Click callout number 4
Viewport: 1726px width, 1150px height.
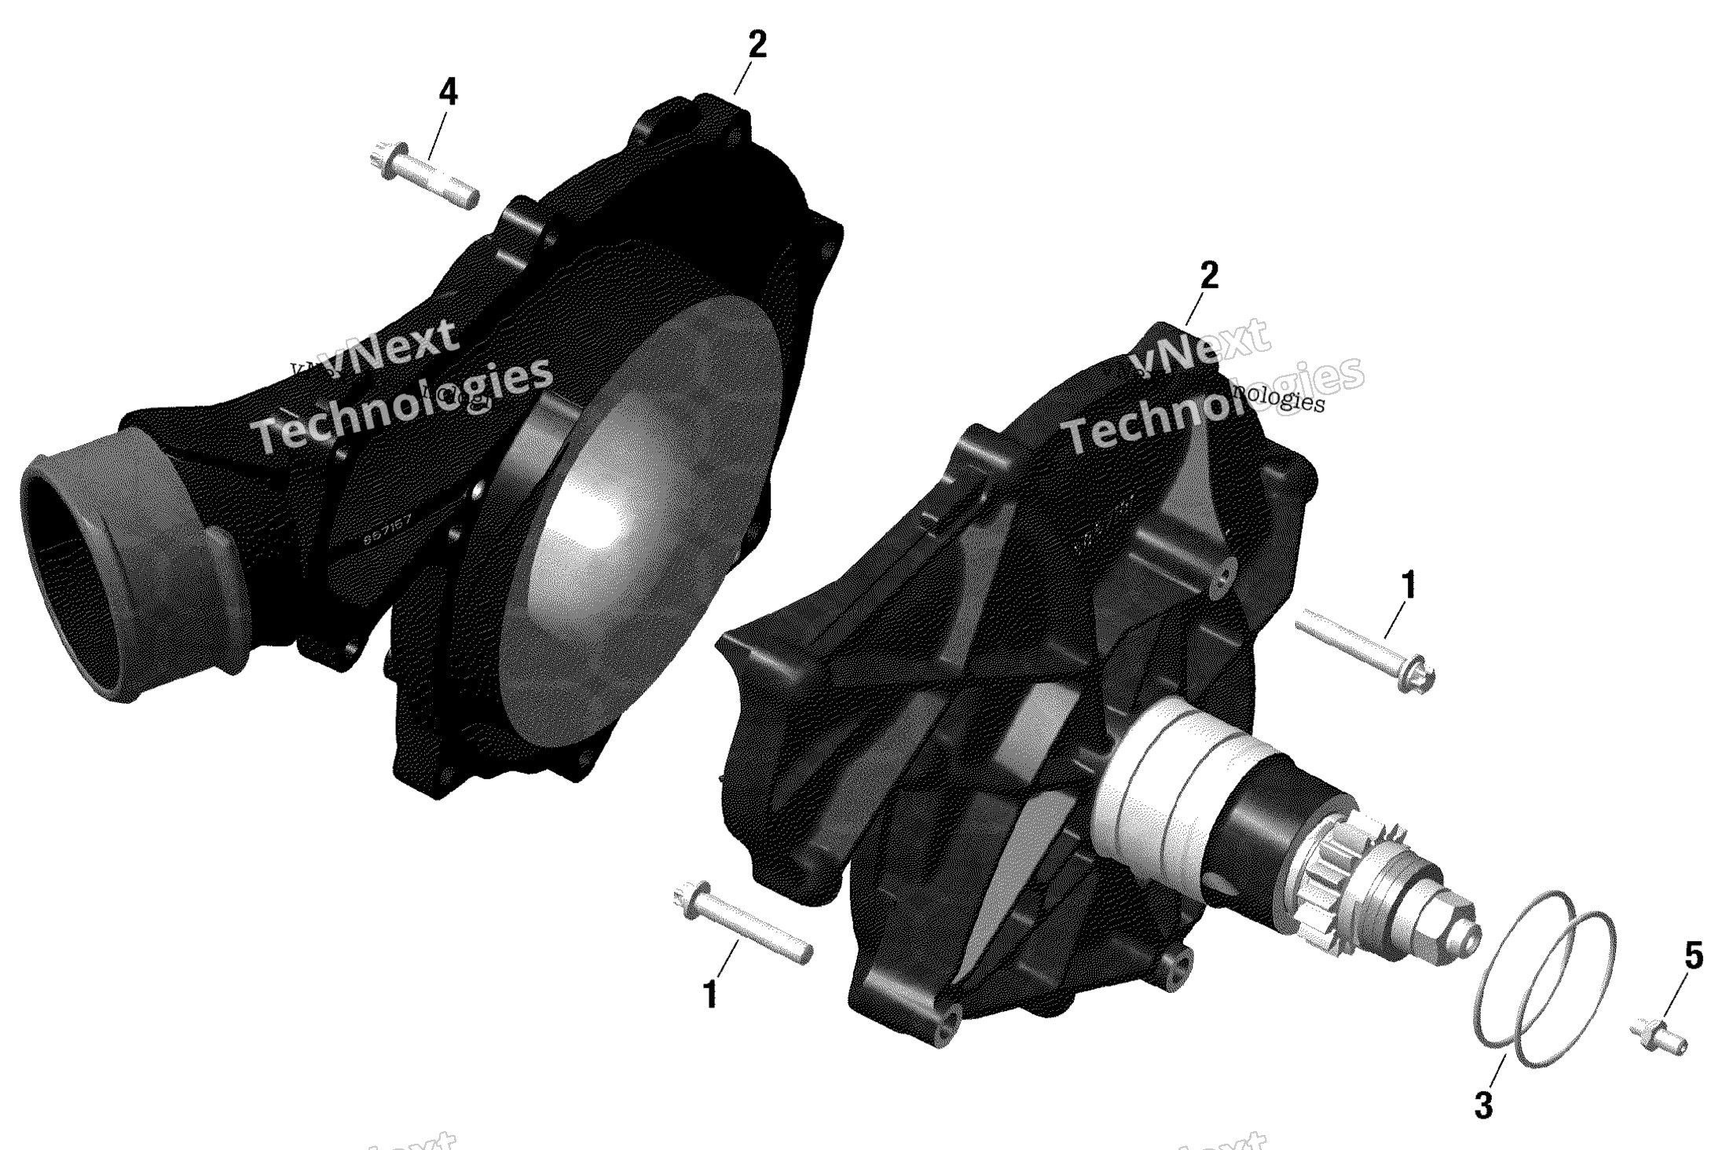(x=447, y=93)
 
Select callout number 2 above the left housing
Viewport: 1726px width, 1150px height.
(x=756, y=45)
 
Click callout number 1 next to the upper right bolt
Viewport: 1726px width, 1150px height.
(x=1408, y=585)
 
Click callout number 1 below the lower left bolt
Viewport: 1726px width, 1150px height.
(x=709, y=995)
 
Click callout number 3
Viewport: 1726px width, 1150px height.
(x=1482, y=1106)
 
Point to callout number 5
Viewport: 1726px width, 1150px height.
(x=1694, y=956)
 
